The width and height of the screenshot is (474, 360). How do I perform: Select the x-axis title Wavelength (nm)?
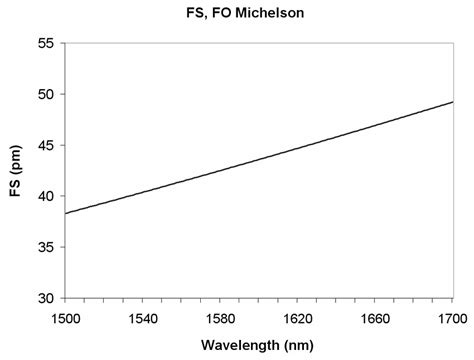[x=257, y=346]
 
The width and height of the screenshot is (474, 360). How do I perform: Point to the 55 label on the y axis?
[x=45, y=43]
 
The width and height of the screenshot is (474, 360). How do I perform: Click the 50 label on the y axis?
[x=45, y=94]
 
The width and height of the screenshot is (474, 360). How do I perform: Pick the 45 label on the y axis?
[x=45, y=145]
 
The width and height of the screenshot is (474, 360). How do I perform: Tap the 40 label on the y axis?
[x=45, y=196]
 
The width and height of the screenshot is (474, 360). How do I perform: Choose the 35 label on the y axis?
[x=45, y=247]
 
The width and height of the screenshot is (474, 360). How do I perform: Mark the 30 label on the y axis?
[x=45, y=298]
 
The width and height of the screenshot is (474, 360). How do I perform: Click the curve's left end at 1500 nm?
[x=65, y=214]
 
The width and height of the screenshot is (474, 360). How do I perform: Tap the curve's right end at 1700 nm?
[x=451, y=102]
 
